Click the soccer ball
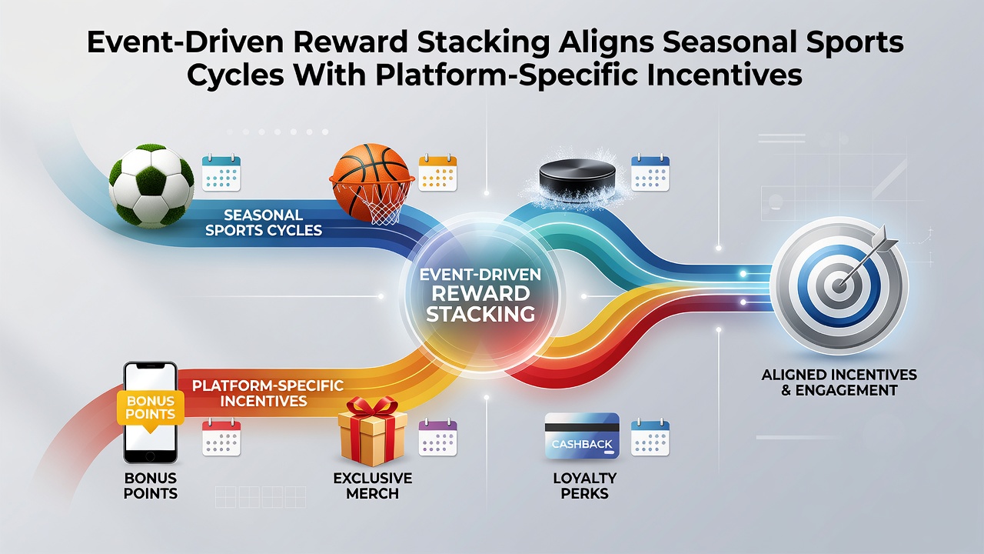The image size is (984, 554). [151, 185]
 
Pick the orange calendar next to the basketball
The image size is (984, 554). [437, 172]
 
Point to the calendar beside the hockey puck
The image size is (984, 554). [650, 172]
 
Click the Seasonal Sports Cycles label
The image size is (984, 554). [264, 222]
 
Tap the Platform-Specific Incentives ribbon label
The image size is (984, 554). [268, 393]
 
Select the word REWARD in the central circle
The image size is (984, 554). [480, 294]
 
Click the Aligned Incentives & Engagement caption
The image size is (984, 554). [839, 382]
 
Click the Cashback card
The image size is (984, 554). [582, 436]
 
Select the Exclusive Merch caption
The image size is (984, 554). [373, 486]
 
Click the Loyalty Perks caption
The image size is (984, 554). [585, 486]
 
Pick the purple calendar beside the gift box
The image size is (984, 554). [437, 437]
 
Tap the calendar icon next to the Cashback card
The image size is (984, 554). [650, 437]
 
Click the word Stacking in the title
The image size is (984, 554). [484, 43]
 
